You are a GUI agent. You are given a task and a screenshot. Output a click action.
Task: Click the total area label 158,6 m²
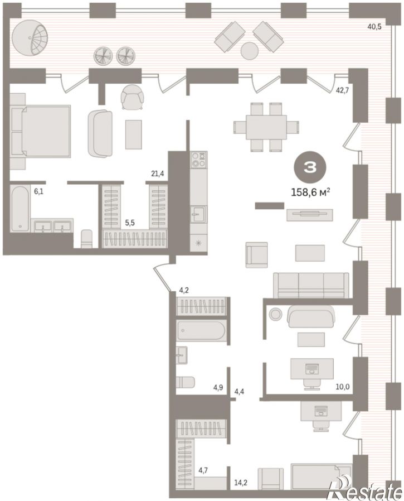[x=310, y=192]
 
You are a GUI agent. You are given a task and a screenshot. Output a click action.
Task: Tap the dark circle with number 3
[x=310, y=167]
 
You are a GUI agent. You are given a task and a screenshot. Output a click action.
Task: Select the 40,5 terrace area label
[x=374, y=27]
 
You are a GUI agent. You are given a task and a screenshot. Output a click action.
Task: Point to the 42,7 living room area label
[x=342, y=90]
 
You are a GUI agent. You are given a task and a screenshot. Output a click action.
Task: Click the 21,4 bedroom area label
[x=158, y=174]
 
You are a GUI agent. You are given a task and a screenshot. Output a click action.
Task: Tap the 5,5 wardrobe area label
[x=130, y=223]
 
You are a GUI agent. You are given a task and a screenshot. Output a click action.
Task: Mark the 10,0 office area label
[x=343, y=387]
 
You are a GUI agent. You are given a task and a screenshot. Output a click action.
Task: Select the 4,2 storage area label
[x=184, y=291]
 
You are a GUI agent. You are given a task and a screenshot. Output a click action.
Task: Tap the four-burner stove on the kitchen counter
[x=198, y=160]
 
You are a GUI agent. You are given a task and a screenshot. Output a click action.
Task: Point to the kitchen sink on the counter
[x=198, y=214]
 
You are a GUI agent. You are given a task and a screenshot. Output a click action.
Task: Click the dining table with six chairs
[x=266, y=127]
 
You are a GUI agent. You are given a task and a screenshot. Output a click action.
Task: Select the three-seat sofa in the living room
[x=311, y=285]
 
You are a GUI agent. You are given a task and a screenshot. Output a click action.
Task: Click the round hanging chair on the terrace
[x=30, y=38]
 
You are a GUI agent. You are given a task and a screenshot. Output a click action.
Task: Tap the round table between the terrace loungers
[x=249, y=51]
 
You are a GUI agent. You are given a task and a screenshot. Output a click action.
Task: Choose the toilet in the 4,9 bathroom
[x=186, y=382]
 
